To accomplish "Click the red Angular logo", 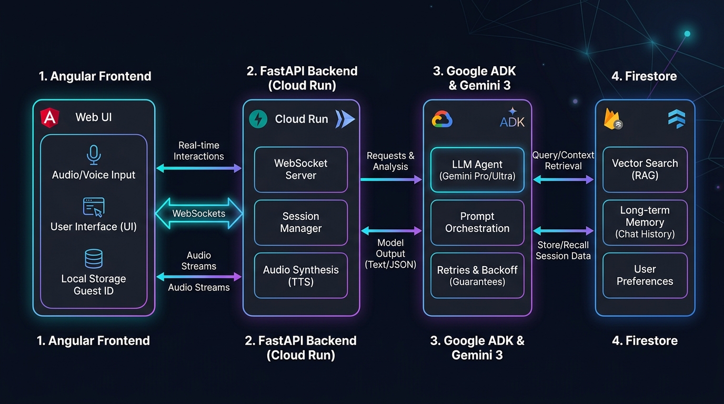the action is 49,117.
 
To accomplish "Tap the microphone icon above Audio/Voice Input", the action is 94,155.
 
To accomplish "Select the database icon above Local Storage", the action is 94,259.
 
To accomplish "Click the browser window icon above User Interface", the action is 94,207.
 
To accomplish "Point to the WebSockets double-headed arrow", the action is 199,214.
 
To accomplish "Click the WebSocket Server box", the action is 301,169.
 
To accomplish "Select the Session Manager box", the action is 301,223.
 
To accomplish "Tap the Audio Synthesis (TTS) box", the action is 301,275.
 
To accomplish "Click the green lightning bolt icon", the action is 258,119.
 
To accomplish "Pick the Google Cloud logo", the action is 442,119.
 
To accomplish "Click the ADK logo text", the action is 512,122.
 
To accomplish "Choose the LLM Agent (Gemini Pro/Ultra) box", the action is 477,170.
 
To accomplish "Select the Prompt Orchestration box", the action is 477,223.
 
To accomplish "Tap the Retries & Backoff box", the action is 477,275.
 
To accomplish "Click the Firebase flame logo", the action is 612,119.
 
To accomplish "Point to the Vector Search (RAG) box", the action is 645,169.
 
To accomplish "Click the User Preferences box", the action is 645,275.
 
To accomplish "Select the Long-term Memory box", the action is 645,223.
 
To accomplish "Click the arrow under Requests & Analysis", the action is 391,179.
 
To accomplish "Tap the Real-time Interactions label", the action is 199,150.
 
